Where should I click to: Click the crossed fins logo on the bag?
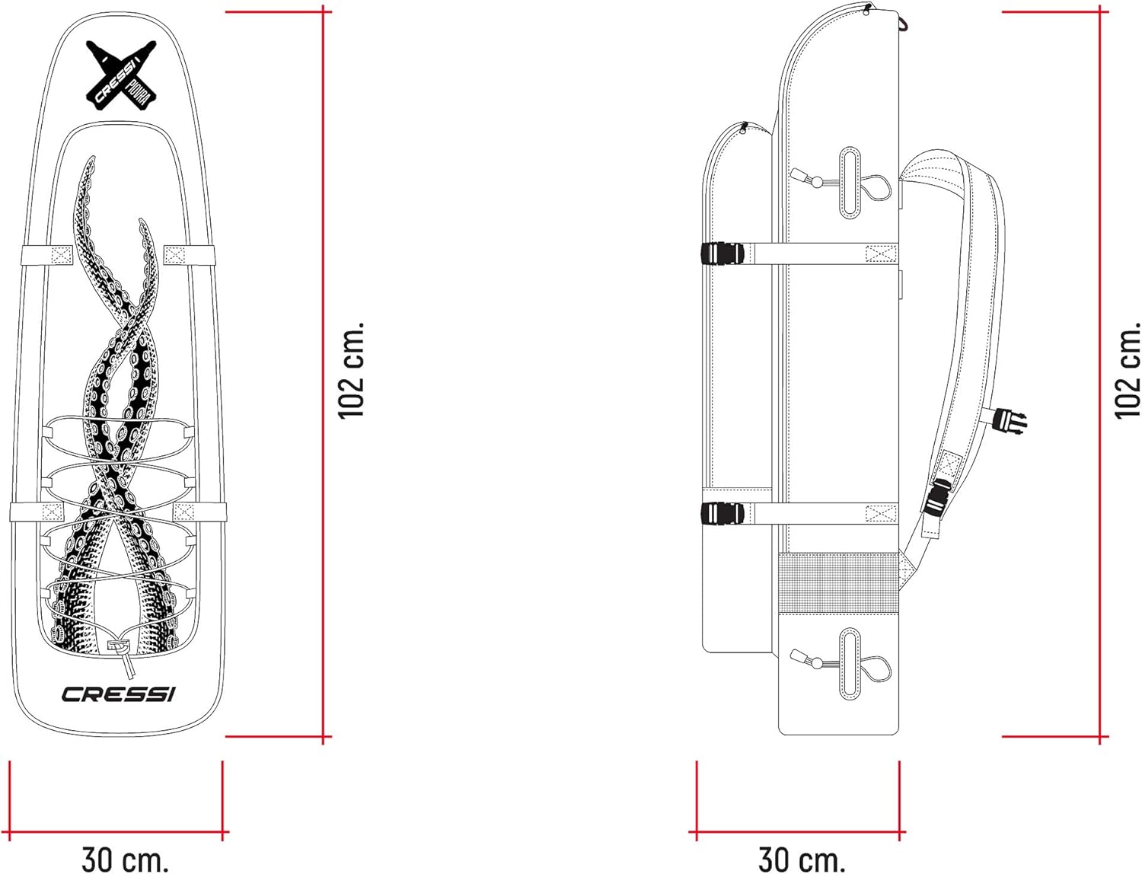(121, 74)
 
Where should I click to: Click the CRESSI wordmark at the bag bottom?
(118, 694)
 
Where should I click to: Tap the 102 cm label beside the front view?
(352, 370)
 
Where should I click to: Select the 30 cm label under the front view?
(125, 859)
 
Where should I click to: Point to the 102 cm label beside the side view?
(1128, 370)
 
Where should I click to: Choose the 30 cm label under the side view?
(802, 859)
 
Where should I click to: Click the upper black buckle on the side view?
(721, 254)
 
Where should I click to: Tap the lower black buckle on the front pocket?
(721, 513)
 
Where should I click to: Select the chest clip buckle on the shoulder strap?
(1010, 421)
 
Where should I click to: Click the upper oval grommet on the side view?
(850, 183)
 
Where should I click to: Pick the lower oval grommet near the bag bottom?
(850, 663)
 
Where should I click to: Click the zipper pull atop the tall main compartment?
(867, 8)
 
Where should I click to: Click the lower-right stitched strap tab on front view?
(185, 512)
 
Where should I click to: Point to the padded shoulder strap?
(971, 305)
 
